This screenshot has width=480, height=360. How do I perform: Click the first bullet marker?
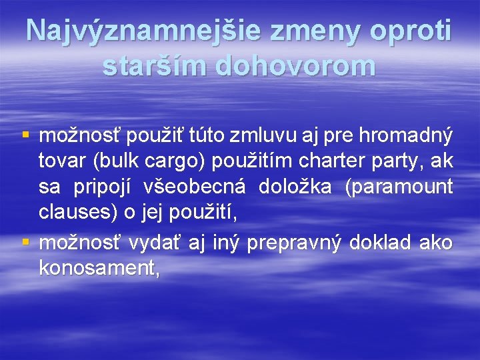[26, 137]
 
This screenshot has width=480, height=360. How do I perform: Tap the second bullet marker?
[26, 243]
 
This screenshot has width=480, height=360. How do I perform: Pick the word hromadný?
[406, 137]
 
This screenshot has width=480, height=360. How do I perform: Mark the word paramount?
[399, 187]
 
